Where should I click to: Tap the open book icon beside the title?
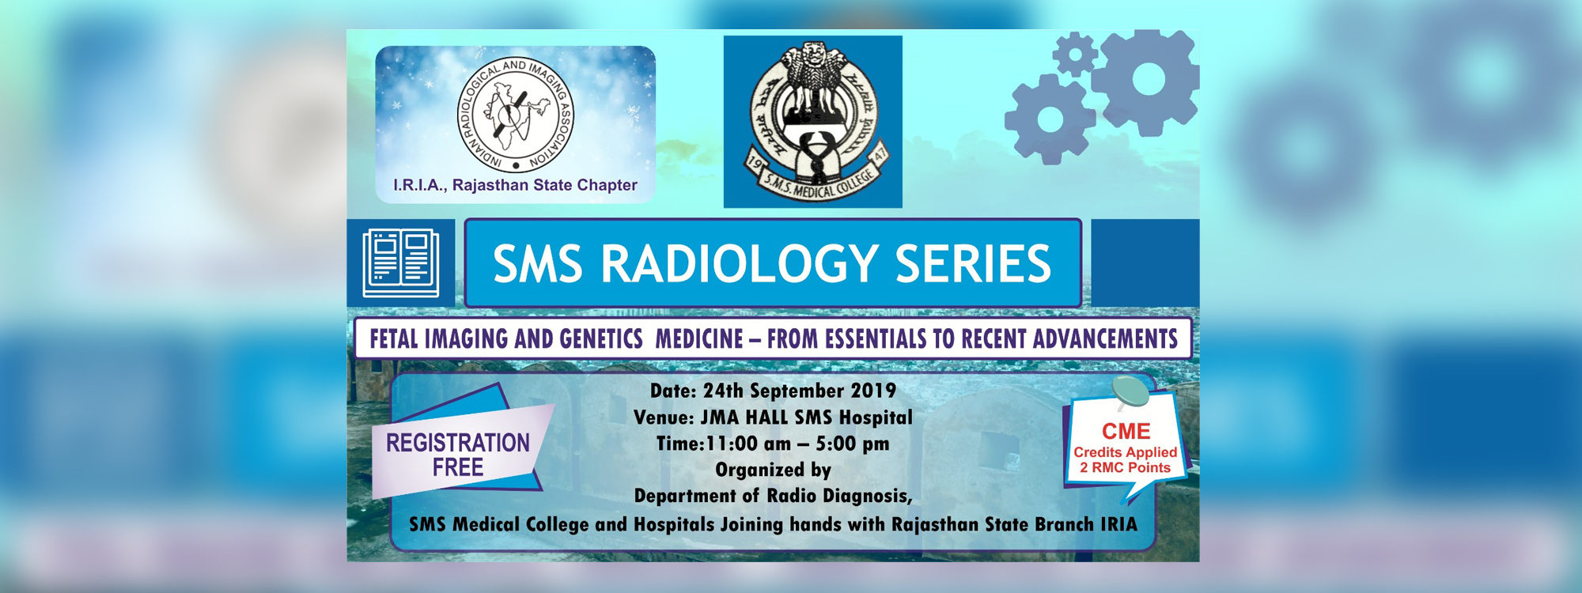click(401, 263)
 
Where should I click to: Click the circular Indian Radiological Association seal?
click(516, 115)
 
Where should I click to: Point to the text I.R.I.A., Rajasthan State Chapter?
click(515, 185)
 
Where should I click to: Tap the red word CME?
click(1126, 432)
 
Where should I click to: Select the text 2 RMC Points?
click(1125, 467)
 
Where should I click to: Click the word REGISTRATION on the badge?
click(458, 443)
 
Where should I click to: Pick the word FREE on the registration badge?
click(458, 467)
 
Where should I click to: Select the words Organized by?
click(773, 470)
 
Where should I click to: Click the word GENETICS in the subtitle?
click(600, 339)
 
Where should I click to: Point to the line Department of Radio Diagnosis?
click(773, 497)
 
